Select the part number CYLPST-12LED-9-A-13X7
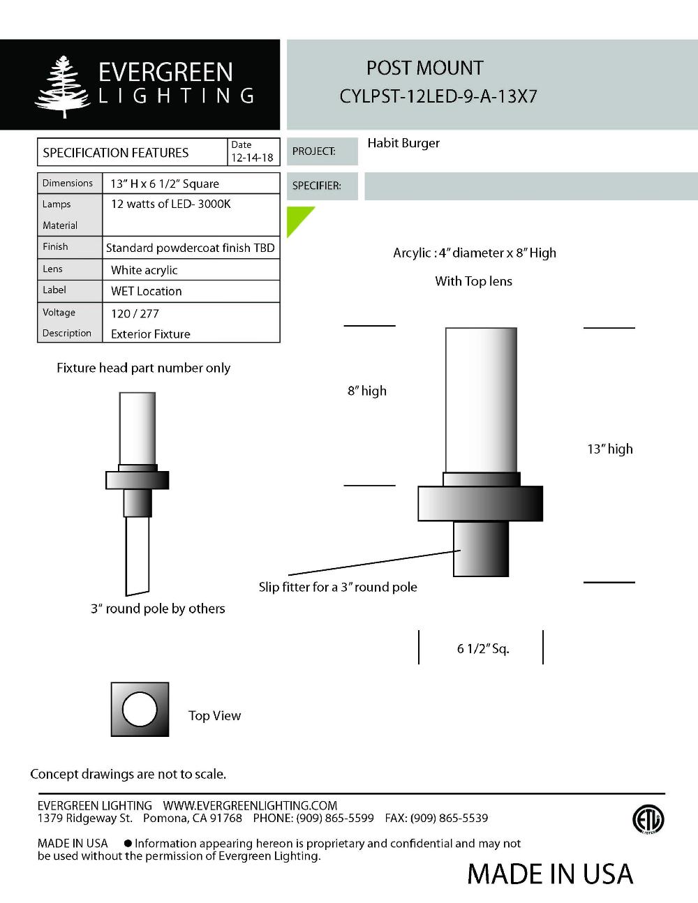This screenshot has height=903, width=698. coord(438,96)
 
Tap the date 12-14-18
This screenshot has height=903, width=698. coord(252,158)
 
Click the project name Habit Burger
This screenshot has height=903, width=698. coord(403,143)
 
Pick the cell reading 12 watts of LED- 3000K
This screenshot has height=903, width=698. coord(170,204)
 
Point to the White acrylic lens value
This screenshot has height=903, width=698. coord(144,270)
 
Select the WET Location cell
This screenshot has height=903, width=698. coord(146,291)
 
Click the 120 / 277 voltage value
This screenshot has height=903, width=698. coord(135,313)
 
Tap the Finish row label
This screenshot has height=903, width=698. coord(55,246)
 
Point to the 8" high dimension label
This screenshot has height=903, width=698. coord(367,391)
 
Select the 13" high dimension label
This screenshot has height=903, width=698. coord(609,449)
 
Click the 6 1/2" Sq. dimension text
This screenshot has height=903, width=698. coord(483,649)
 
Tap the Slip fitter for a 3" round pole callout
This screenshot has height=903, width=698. coord(338,587)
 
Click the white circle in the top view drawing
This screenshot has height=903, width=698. coord(140,710)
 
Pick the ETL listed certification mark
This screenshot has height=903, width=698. coord(648,819)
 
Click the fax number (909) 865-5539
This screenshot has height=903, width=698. coord(449,818)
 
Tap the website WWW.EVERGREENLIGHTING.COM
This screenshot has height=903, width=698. coord(250,805)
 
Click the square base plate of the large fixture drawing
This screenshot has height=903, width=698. coord(480,504)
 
